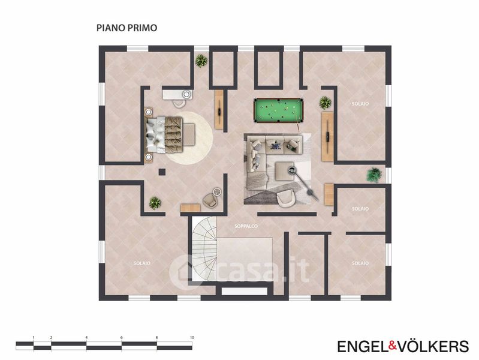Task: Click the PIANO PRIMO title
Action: coord(126,28)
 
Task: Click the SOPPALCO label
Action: coord(246,226)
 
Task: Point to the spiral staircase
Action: coord(204,248)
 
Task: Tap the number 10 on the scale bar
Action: coord(192,338)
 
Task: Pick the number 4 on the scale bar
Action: coord(87,338)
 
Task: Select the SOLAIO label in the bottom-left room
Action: coord(142,263)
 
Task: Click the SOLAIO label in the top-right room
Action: coord(360,104)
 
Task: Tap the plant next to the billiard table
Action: coord(326,103)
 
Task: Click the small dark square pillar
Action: coord(162,172)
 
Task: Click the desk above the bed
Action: coord(177,95)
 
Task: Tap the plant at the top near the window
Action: coord(201,61)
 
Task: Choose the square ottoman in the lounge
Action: coord(285,171)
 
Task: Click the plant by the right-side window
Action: coord(374,175)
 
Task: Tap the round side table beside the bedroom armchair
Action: coord(217,192)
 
